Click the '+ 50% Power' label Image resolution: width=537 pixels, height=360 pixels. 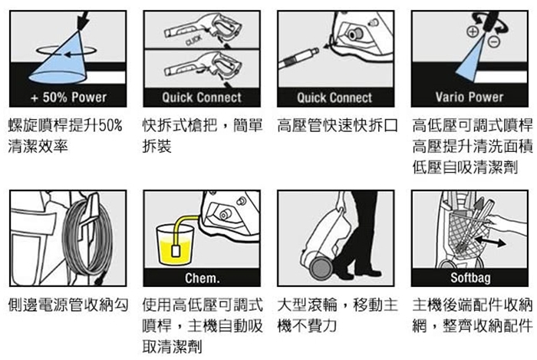pos(68,97)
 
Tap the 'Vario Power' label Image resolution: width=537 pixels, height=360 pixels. pos(469,97)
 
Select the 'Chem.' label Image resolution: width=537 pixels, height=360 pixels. pos(202,278)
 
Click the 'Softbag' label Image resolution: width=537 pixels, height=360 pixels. pos(470,278)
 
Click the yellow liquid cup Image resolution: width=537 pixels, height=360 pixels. pos(175,245)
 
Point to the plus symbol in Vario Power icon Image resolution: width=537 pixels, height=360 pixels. pos(473,32)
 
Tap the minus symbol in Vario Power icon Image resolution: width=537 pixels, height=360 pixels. pos(494,41)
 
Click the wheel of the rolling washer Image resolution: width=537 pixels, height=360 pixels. pos(321,267)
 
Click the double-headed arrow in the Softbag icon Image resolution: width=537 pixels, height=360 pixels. pos(490,241)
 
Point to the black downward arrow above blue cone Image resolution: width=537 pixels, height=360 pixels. pos(83,21)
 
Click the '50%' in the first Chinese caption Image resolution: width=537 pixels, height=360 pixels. pos(110,126)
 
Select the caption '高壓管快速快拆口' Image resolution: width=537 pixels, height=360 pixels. pos(338,126)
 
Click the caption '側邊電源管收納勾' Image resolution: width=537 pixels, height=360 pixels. pos(68,305)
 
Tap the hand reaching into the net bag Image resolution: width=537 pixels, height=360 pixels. pos(507,224)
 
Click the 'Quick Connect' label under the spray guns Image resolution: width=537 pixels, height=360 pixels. pos(202,97)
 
